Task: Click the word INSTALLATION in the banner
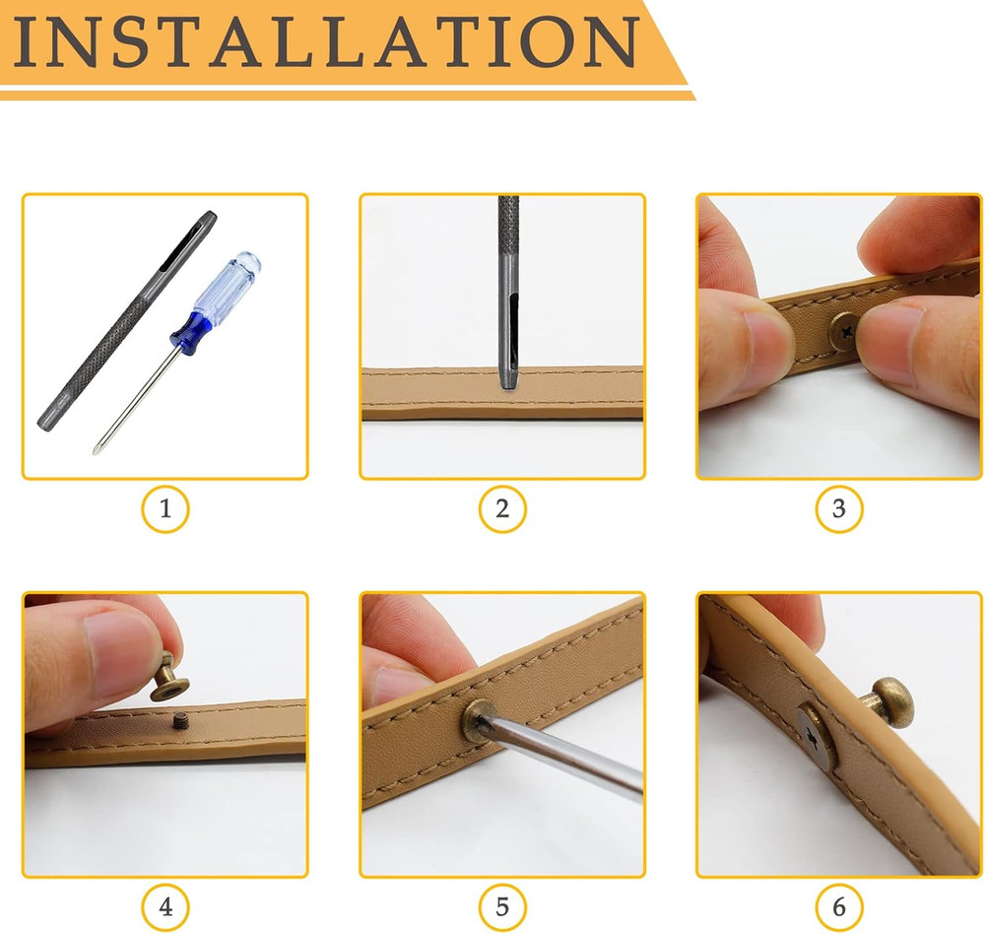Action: [326, 41]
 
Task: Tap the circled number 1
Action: [165, 508]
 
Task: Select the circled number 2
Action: [502, 508]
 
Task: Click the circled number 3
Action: [839, 508]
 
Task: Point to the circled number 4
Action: [165, 907]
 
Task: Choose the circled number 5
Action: [502, 907]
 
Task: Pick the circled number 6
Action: [839, 907]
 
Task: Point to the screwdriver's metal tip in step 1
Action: [97, 448]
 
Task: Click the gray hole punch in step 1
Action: [127, 320]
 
